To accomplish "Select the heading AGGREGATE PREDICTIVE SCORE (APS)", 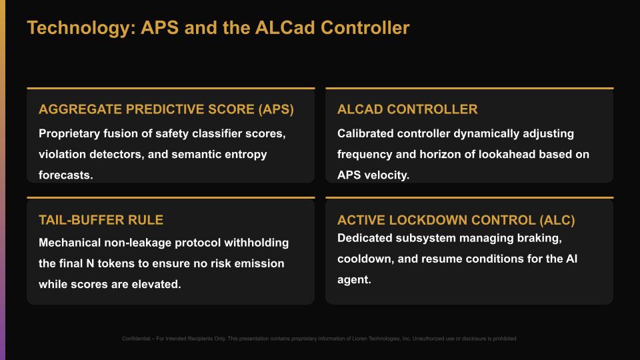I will (166, 109).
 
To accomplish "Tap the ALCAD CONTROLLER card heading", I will (407, 109).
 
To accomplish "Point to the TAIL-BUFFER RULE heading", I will (101, 220).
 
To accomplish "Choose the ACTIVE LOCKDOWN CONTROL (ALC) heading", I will (456, 220).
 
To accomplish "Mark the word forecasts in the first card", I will (66, 176).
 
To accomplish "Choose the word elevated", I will (154, 284).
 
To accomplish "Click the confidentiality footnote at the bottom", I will (320, 339).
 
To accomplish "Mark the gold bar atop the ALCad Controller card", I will (469, 88).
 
